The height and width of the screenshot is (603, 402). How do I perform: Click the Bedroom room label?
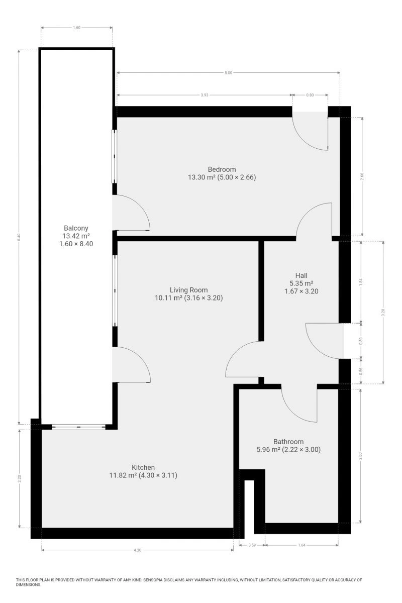[222, 169]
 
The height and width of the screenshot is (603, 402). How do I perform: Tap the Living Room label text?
[188, 290]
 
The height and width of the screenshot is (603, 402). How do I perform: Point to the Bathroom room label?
[288, 442]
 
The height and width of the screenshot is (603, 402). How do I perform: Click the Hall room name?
[301, 275]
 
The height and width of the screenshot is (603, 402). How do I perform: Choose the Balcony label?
[76, 228]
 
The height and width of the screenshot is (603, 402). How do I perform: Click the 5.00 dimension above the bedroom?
[228, 73]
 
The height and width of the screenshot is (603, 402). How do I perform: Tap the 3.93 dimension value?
[205, 95]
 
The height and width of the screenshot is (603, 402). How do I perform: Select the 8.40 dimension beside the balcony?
[19, 237]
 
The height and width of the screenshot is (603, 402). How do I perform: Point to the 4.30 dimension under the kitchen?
[137, 550]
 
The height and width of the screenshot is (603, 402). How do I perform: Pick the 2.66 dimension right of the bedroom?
[362, 176]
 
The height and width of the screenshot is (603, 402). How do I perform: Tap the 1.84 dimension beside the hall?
[361, 281]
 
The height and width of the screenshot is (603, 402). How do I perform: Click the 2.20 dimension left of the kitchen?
[20, 478]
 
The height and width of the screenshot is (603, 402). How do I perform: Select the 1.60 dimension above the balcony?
[76, 28]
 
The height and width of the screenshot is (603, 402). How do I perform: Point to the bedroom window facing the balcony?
[115, 156]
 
